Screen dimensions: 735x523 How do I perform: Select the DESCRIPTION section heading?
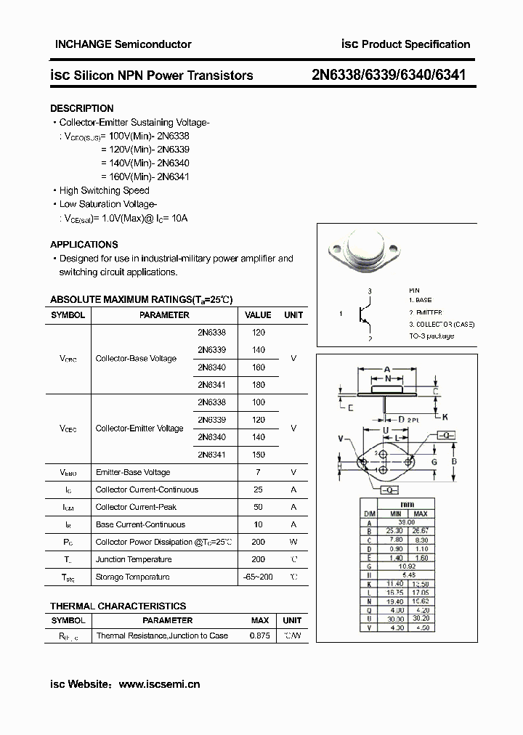(81, 108)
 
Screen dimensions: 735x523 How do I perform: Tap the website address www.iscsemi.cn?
(159, 683)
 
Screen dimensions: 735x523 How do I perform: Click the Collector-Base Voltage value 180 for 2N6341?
(258, 385)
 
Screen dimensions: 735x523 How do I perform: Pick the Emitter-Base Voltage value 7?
(258, 472)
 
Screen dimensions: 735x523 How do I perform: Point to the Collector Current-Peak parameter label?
(136, 507)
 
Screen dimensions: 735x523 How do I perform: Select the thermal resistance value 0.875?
(259, 635)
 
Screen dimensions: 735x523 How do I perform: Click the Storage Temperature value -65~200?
(258, 577)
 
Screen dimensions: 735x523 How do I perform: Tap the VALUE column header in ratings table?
(258, 315)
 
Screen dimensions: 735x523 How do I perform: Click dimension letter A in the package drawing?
(387, 369)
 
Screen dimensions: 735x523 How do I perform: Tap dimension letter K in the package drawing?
(445, 416)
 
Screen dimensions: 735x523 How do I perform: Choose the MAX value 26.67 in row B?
(421, 531)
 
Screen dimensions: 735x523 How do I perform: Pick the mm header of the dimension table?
(408, 504)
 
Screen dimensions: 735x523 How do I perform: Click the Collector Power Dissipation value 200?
(258, 542)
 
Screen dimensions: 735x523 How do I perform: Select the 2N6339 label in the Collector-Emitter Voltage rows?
(211, 420)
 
